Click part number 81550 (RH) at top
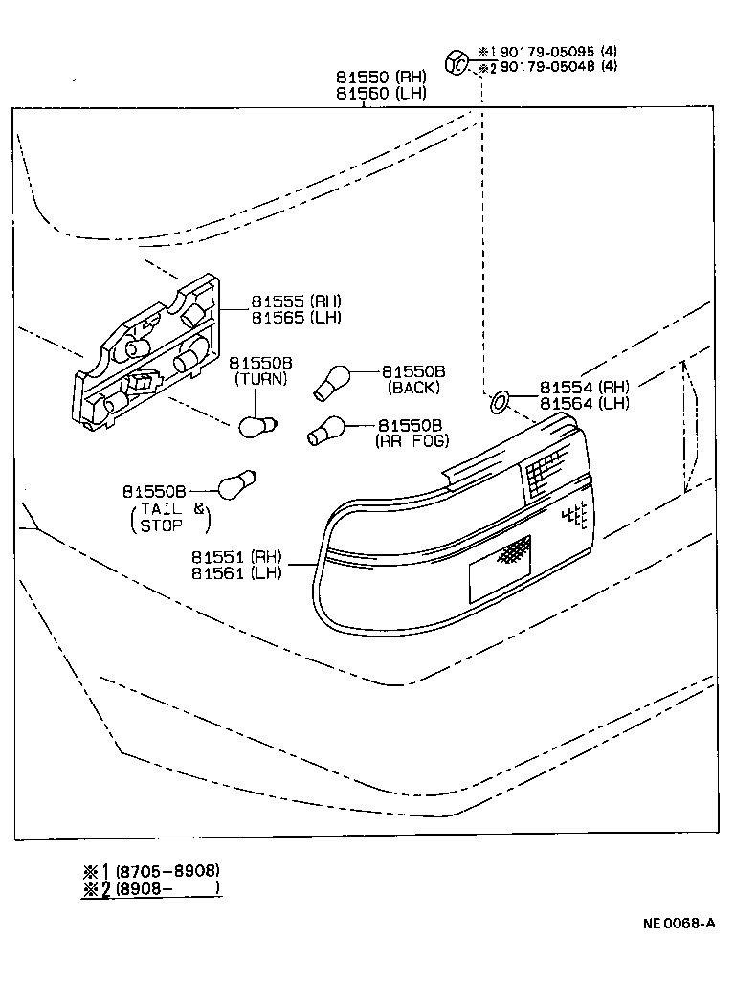click(x=380, y=77)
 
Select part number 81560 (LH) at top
click(x=380, y=93)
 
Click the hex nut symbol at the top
click(x=457, y=63)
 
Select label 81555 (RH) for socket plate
click(x=296, y=301)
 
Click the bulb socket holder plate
click(x=148, y=354)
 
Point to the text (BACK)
click(x=413, y=388)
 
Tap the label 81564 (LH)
click(x=584, y=403)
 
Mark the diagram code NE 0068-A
click(x=678, y=924)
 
